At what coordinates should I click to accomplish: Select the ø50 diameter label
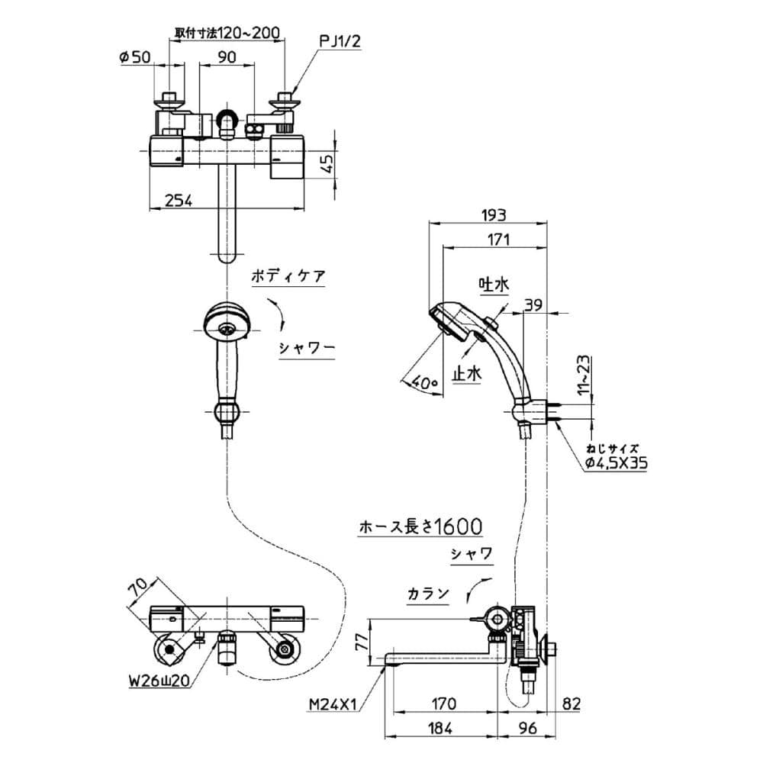click(x=136, y=56)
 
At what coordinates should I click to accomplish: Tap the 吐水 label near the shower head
click(x=493, y=285)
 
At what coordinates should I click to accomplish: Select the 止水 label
click(x=467, y=374)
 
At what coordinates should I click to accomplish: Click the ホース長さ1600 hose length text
click(x=420, y=526)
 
